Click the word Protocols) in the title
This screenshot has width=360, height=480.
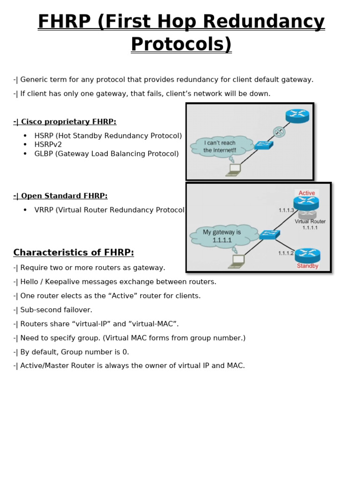tap(181, 45)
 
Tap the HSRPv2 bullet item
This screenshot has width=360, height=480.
tap(48, 144)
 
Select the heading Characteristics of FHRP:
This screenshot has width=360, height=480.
tap(74, 253)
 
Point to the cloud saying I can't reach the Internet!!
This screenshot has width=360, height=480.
tap(220, 147)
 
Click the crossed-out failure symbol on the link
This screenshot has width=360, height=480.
tap(279, 132)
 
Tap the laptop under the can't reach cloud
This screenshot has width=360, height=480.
tap(234, 169)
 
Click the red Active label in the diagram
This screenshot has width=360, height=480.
tap(307, 193)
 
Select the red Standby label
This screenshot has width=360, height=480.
tap(307, 266)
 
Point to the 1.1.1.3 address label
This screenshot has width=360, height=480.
tap(286, 210)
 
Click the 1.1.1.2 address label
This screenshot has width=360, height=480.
tap(285, 253)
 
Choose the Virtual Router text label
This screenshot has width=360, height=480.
tap(310, 222)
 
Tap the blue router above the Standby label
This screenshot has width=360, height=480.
tap(307, 255)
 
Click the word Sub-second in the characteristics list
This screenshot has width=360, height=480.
tap(40, 310)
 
